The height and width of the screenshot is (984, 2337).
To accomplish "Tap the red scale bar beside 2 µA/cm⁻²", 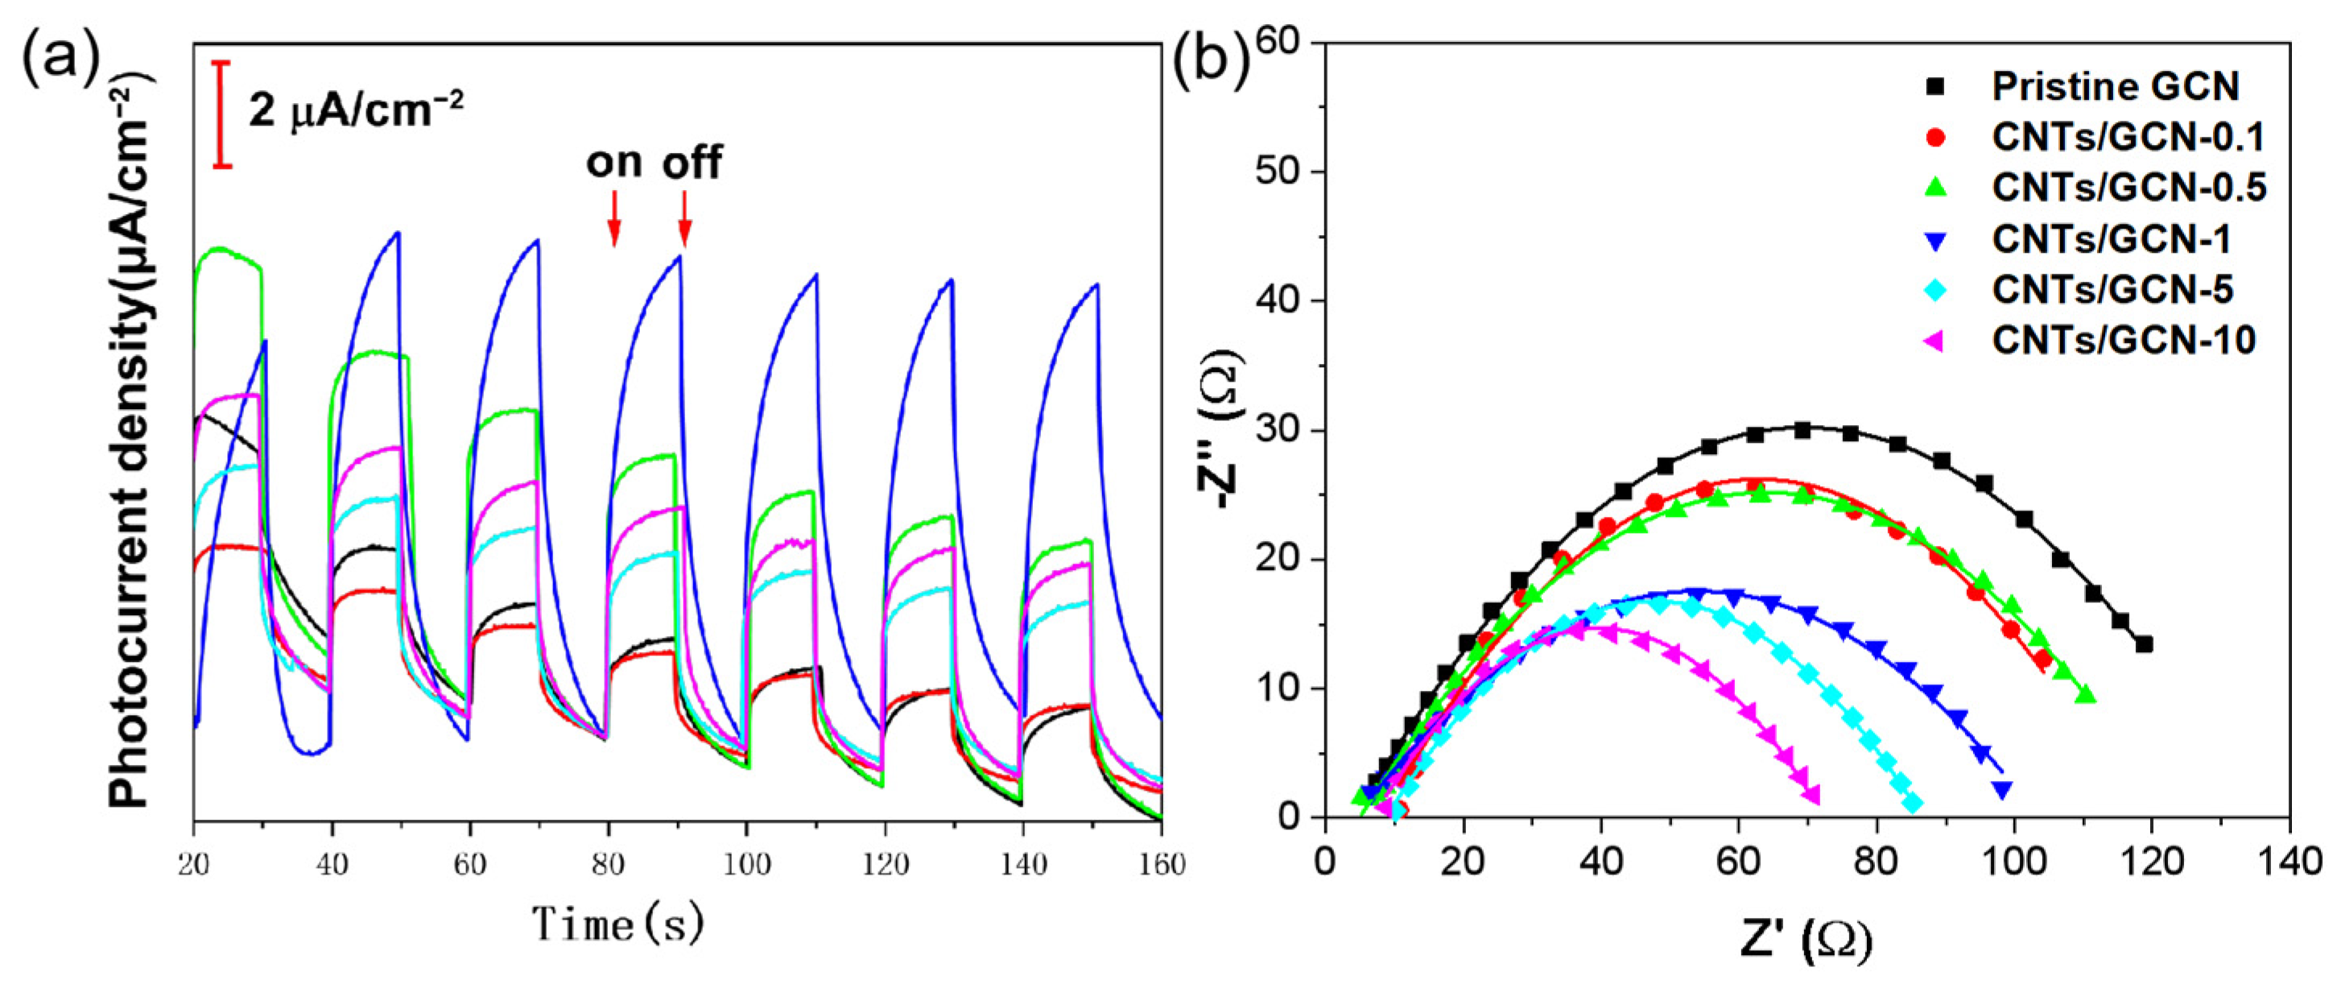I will pyautogui.click(x=222, y=114).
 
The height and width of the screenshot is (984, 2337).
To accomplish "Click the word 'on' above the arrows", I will pyautogui.click(x=614, y=163).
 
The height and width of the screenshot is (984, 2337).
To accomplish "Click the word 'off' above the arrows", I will pyautogui.click(x=692, y=163).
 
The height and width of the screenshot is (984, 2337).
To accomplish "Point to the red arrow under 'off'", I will pyautogui.click(x=685, y=218).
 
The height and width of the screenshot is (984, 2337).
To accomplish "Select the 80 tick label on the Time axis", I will pyautogui.click(x=607, y=863).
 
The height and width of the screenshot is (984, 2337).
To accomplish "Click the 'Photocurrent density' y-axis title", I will pyautogui.click(x=131, y=444).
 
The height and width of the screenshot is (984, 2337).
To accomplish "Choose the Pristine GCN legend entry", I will pyautogui.click(x=2115, y=86).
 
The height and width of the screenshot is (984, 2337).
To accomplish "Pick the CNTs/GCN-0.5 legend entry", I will pyautogui.click(x=2128, y=188).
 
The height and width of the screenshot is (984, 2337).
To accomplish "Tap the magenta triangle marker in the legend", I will pyautogui.click(x=1934, y=341).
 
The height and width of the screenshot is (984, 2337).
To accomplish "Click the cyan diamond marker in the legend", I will pyautogui.click(x=1934, y=290).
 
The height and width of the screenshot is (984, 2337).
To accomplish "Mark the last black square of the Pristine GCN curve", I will pyautogui.click(x=2144, y=644).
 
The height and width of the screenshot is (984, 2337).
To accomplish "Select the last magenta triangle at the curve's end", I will pyautogui.click(x=1813, y=796).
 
